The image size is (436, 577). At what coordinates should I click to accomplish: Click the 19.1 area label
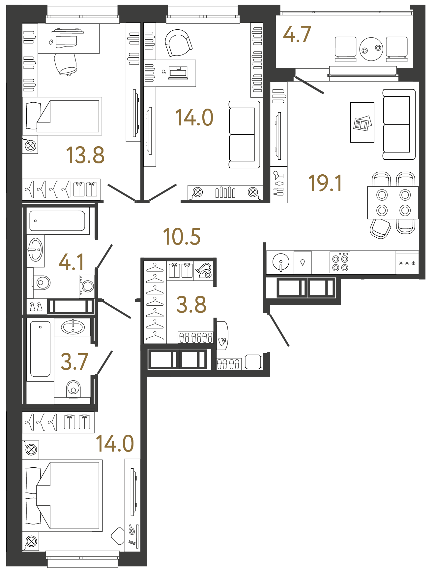(325, 183)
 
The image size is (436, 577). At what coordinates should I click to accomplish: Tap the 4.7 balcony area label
(297, 34)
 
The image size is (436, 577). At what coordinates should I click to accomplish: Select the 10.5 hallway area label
(182, 237)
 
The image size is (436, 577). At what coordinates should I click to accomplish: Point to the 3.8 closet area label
(191, 305)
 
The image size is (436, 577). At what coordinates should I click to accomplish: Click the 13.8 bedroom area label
(85, 155)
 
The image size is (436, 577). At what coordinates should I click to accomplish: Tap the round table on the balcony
(371, 49)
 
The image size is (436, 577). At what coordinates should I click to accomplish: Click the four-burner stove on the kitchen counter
(340, 263)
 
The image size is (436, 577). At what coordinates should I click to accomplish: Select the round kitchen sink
(281, 262)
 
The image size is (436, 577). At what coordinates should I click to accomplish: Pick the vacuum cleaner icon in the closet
(204, 271)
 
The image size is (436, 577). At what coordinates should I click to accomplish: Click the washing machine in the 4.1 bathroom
(87, 286)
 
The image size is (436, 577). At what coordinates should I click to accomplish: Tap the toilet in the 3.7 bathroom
(73, 389)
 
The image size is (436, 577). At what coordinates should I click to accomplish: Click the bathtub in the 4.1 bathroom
(57, 221)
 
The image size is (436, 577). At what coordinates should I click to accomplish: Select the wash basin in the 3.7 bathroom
(73, 327)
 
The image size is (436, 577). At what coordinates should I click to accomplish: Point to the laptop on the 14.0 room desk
(178, 73)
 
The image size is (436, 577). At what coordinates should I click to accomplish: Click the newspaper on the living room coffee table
(363, 123)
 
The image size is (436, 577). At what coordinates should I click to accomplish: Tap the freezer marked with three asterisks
(407, 263)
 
